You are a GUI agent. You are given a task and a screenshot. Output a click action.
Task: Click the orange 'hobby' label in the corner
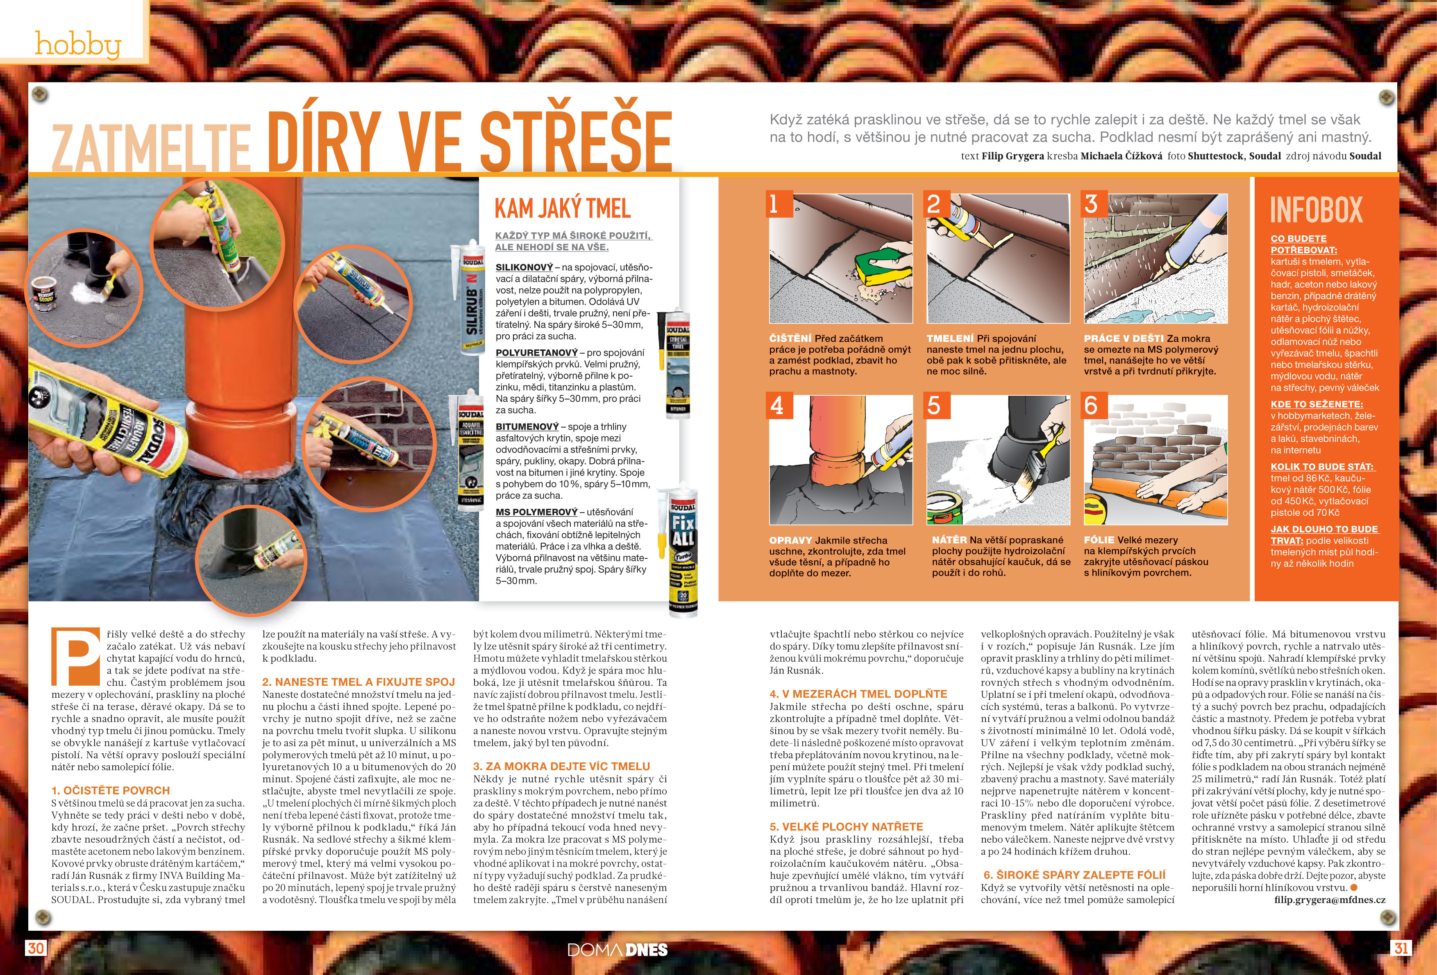click(77, 45)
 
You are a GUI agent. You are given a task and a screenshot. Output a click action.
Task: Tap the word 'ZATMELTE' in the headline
click(151, 148)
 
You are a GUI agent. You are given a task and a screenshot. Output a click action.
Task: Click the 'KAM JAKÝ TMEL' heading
click(563, 209)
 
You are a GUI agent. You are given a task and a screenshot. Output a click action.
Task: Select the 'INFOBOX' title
click(1317, 210)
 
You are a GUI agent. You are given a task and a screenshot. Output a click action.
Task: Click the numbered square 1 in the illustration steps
click(779, 204)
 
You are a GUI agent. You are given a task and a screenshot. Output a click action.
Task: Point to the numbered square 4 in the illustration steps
click(779, 406)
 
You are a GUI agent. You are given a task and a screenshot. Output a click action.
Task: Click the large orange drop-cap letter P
click(75, 657)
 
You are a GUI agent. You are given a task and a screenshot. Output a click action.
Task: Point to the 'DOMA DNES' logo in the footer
click(618, 950)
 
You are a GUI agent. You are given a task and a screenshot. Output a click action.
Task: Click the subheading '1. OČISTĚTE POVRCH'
click(111, 790)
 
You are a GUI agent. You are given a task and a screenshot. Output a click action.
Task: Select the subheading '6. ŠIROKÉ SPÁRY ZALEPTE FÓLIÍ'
click(1075, 875)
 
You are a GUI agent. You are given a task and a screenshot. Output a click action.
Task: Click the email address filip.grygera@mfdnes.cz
click(1330, 900)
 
